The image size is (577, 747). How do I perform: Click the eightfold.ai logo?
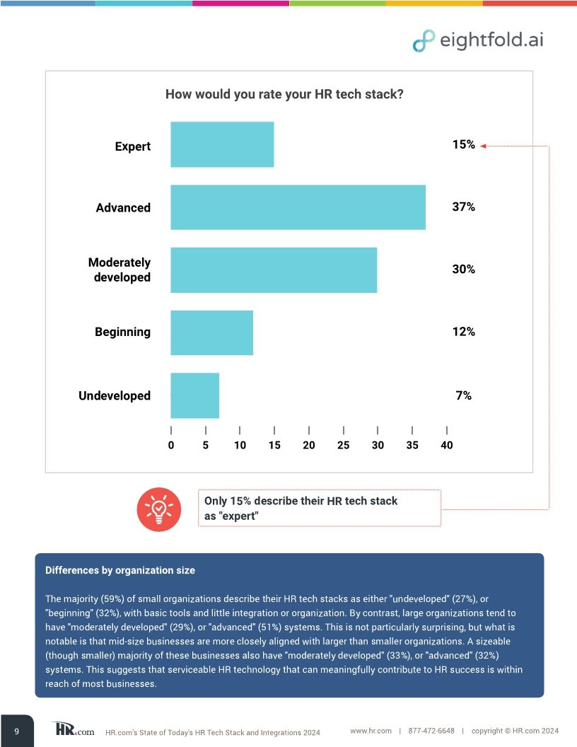478,40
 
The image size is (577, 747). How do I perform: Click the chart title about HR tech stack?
284,94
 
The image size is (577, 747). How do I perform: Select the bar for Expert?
222,144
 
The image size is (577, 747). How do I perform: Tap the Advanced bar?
298,207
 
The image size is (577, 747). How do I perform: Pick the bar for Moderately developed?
274,270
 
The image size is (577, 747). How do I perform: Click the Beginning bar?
211,332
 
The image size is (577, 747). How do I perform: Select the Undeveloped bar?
194,395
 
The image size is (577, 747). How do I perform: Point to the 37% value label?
463,207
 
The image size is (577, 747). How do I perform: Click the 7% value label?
463,395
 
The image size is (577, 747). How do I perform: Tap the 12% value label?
463,332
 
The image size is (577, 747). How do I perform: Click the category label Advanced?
123,208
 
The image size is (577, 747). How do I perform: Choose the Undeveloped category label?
115,396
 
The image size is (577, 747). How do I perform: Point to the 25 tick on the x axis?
343,445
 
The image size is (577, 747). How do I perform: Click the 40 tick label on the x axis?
446,445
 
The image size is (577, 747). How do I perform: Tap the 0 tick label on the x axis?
171,445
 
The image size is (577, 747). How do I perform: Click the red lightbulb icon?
160,508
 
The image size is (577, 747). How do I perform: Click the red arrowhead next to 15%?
483,146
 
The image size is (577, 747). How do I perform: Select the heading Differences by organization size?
120,570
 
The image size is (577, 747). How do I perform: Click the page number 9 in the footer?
16,731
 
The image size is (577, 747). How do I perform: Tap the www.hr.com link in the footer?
371,731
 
